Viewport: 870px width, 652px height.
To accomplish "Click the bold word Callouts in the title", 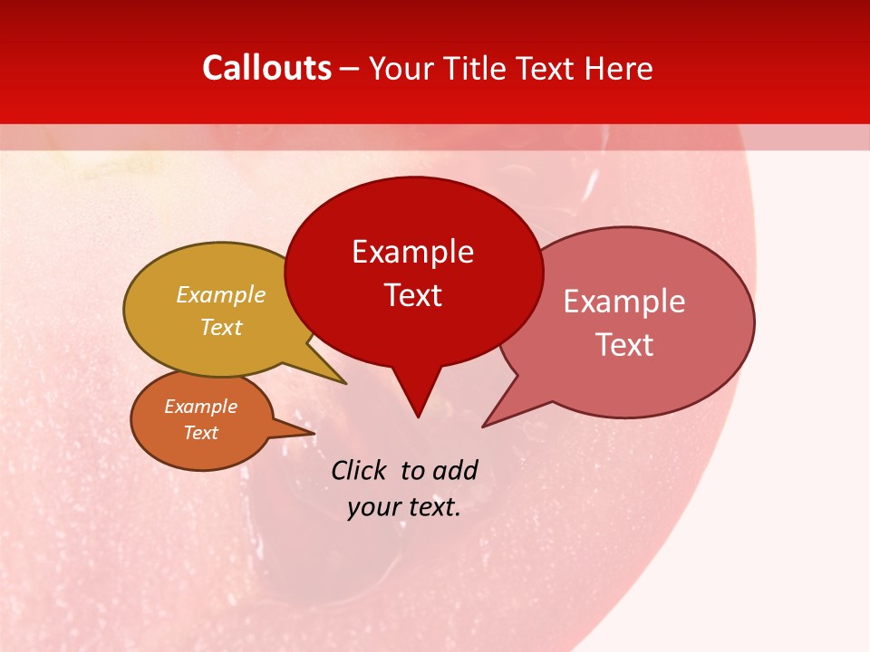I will pos(267,68).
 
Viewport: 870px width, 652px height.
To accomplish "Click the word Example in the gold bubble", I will pos(221,294).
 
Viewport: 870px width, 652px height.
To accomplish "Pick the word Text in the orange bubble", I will pos(201,433).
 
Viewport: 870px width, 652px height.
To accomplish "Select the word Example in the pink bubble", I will pos(624,302).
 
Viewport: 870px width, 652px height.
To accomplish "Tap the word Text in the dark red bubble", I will pos(413,295).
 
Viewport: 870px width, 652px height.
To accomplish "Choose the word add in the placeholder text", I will pos(455,470).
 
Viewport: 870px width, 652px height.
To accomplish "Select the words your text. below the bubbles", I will pos(404,507).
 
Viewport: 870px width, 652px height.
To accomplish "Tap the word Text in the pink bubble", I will pos(624,344).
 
